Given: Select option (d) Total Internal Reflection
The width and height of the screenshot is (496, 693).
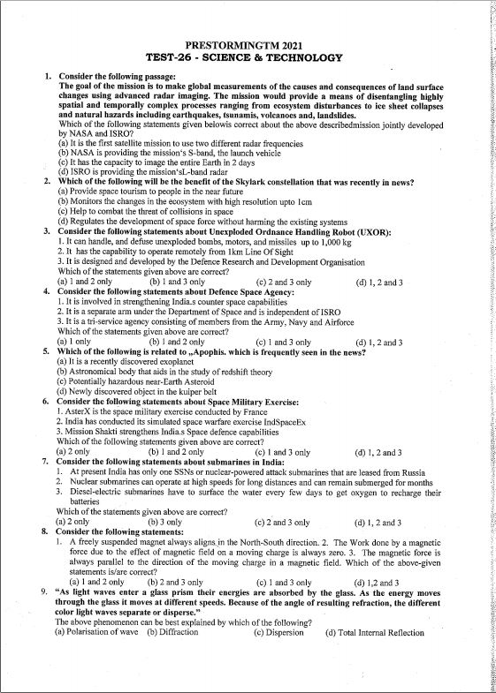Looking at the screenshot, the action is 374,632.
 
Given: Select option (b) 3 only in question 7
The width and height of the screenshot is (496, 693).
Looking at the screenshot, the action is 165,522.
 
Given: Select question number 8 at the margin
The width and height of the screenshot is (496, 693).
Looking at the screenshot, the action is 45,532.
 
